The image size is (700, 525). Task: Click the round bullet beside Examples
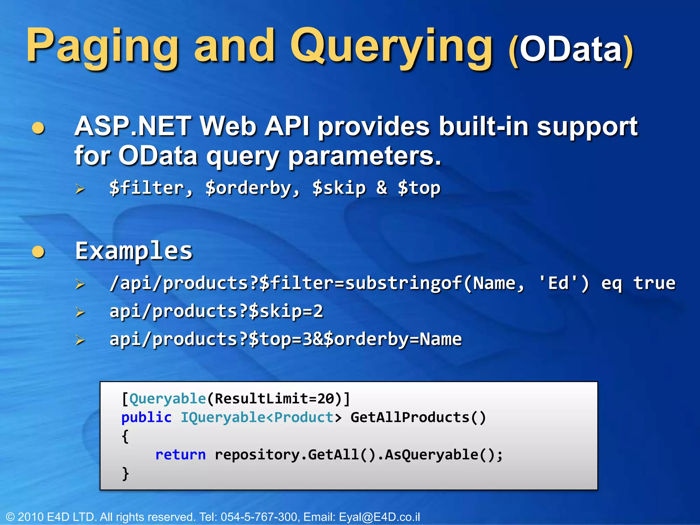point(38,252)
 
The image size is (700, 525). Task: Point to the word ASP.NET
point(133,126)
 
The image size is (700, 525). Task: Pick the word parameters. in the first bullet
point(364,156)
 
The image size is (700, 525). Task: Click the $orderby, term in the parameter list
point(252,188)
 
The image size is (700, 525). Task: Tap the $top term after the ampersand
point(419,188)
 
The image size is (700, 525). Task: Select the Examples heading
point(134,251)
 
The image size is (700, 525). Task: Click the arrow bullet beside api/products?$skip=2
point(80,312)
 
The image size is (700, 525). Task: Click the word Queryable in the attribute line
point(167,399)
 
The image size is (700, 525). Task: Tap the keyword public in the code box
point(146,417)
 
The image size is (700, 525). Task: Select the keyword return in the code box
point(180,455)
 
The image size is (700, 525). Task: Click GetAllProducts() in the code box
point(418,417)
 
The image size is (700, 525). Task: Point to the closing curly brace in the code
point(125,474)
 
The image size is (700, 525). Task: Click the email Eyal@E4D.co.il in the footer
point(379,517)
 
